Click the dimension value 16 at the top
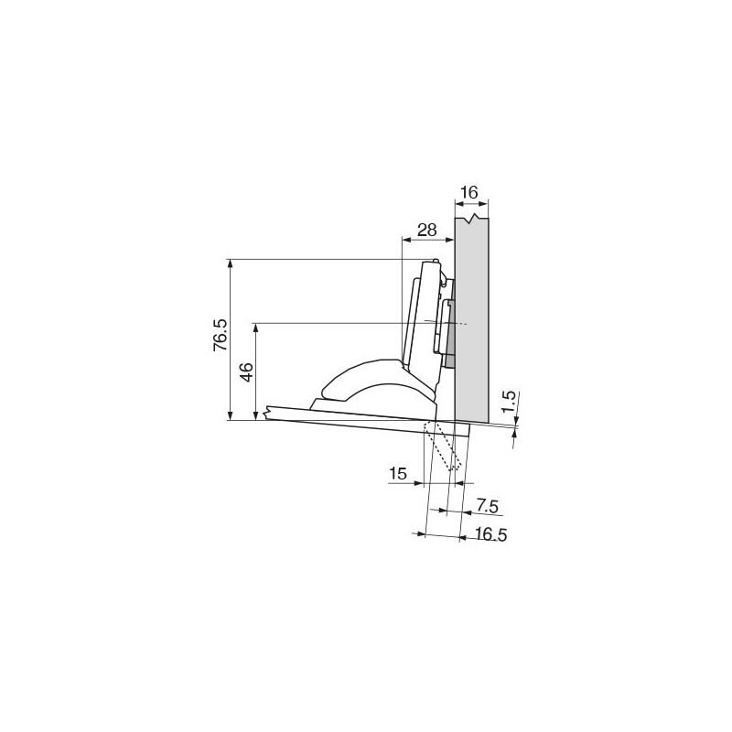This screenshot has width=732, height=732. [469, 192]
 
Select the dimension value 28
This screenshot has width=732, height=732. [426, 230]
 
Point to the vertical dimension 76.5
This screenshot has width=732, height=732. [221, 335]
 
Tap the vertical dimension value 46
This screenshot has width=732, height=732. [247, 371]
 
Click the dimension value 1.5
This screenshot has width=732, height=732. [510, 401]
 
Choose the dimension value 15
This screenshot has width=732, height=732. [398, 474]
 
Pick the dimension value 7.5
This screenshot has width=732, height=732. [488, 506]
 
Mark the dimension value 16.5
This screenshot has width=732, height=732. [490, 534]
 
